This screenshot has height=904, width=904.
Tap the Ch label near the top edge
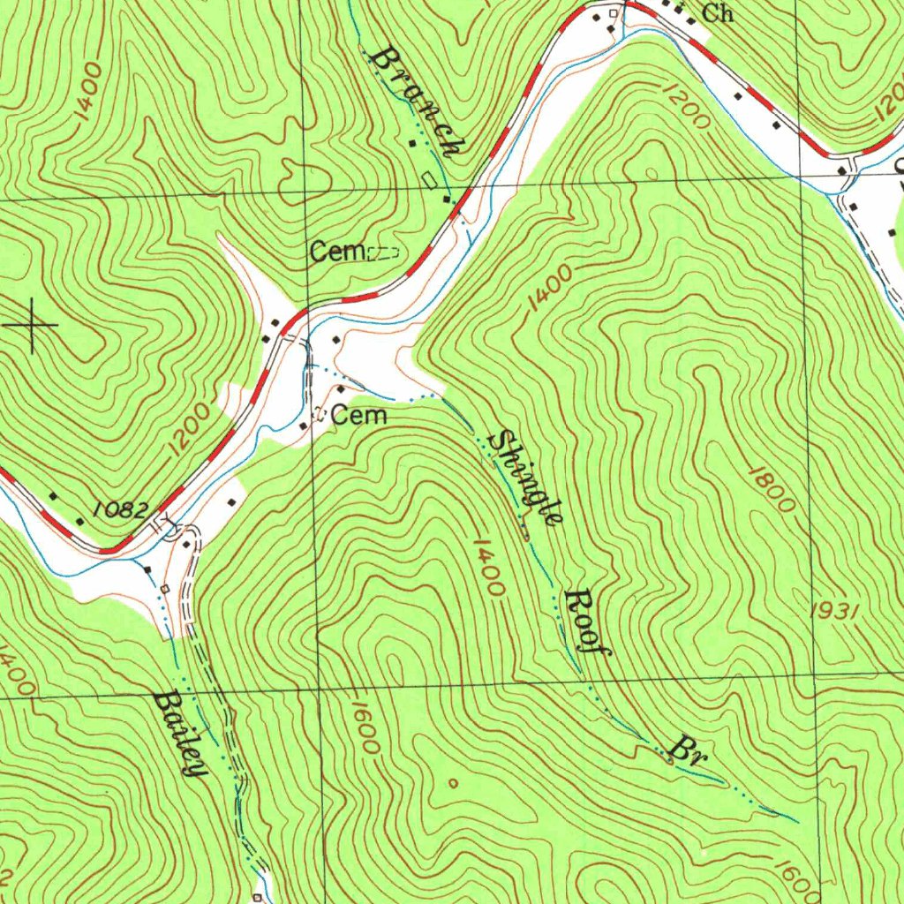click(718, 13)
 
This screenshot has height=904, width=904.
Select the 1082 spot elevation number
click(121, 508)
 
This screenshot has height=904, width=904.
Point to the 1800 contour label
click(772, 488)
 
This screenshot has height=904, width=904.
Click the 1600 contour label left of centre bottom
click(365, 728)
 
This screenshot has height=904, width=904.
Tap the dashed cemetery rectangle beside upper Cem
click(383, 253)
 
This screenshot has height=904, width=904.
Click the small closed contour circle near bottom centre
click(453, 782)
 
